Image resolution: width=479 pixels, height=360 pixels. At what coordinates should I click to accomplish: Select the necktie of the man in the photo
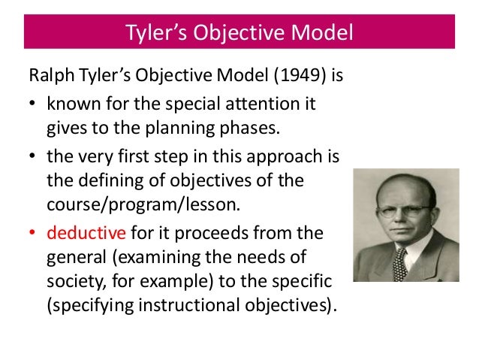pos(399,263)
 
